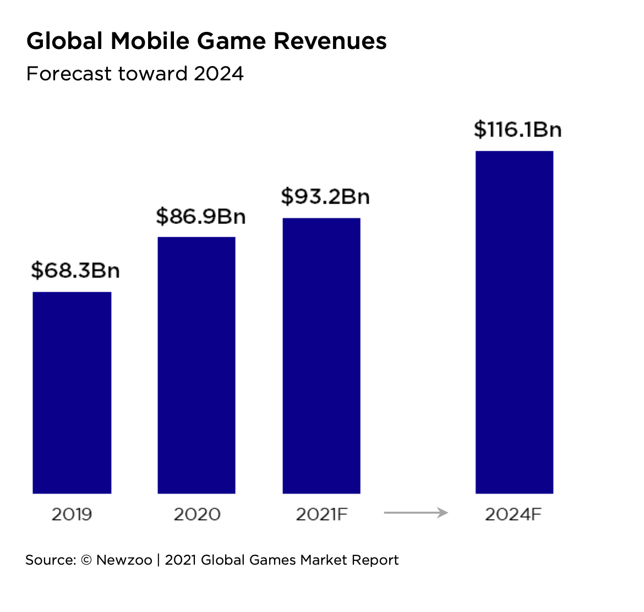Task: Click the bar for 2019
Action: click(x=72, y=392)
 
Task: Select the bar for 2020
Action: click(x=197, y=365)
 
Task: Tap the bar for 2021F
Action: click(x=321, y=356)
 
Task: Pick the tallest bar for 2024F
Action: click(x=514, y=322)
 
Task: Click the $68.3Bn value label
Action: click(x=75, y=270)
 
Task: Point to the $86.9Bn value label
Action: click(x=200, y=216)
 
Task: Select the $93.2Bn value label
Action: click(x=325, y=196)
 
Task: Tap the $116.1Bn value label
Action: click(x=517, y=129)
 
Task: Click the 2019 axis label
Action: click(x=72, y=514)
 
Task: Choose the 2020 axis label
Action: click(x=197, y=514)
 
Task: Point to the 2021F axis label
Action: click(x=322, y=514)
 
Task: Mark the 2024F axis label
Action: click(x=514, y=514)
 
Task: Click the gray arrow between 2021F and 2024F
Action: click(x=416, y=513)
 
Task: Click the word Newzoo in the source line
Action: click(x=124, y=560)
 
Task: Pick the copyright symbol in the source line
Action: click(x=86, y=560)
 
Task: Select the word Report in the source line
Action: click(x=375, y=560)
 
